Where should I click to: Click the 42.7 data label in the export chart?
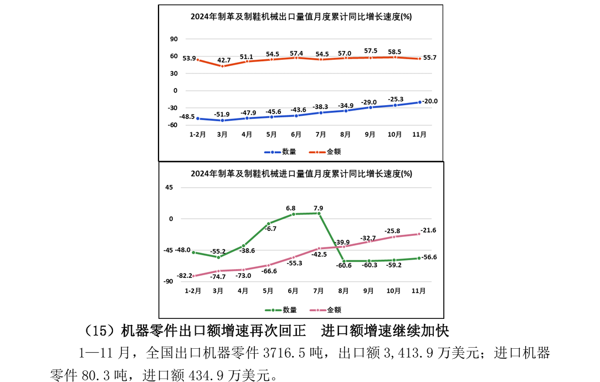click(x=224, y=60)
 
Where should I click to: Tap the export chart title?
click(x=301, y=17)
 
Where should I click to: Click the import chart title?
click(x=301, y=174)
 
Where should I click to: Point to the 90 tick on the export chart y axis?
click(x=174, y=39)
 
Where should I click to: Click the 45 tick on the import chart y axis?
click(x=169, y=188)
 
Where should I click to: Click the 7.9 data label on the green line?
click(x=318, y=208)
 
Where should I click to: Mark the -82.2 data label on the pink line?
click(x=184, y=275)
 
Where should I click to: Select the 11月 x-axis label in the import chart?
click(x=419, y=290)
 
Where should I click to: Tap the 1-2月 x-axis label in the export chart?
click(x=198, y=134)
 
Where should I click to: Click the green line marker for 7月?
click(x=319, y=213)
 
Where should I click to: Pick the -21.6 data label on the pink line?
click(x=428, y=230)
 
